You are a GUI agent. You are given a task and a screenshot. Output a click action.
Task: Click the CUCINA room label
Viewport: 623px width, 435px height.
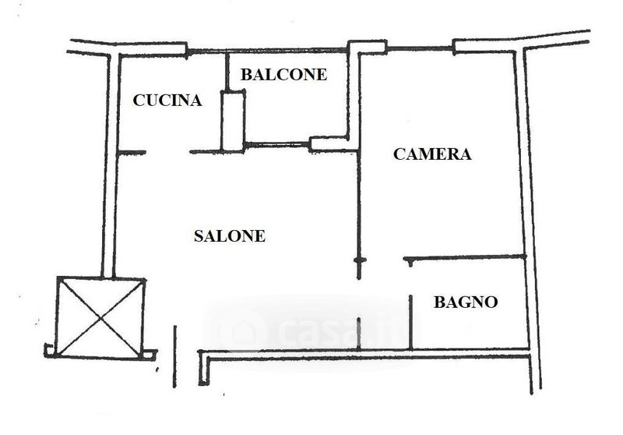(x=167, y=100)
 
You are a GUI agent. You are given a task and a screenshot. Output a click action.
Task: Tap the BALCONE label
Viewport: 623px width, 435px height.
(x=283, y=75)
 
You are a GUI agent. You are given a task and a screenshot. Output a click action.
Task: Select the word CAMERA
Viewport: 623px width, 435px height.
(x=432, y=154)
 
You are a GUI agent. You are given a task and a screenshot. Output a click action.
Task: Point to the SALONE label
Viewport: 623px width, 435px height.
(x=230, y=236)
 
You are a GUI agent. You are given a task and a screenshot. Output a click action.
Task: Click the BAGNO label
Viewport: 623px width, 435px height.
(x=466, y=302)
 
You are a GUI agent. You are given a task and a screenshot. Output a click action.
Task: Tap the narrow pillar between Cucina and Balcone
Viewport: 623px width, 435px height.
(x=232, y=121)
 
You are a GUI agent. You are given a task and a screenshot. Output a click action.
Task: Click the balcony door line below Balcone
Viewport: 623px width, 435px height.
(x=276, y=144)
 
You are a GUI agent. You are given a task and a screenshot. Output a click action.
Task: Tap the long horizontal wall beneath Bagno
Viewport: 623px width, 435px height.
(x=366, y=355)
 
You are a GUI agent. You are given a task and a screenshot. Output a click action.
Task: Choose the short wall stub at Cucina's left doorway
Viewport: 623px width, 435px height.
(x=132, y=152)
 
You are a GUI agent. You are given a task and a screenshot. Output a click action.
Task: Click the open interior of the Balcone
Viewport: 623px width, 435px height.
(x=296, y=109)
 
